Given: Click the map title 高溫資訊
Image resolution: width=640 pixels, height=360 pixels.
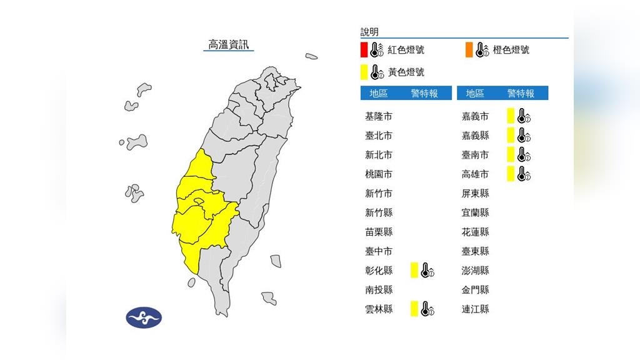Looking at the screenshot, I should pyautogui.click(x=229, y=44).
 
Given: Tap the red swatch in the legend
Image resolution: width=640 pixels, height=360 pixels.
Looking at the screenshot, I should pyautogui.click(x=364, y=49).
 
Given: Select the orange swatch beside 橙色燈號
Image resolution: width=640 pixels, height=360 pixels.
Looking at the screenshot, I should pyautogui.click(x=468, y=49).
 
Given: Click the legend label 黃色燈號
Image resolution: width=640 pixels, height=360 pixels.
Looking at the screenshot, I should pyautogui.click(x=406, y=72).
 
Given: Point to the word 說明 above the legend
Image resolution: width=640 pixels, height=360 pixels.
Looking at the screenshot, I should pyautogui.click(x=369, y=32).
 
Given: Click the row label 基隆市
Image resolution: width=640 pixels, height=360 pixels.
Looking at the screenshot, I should pyautogui.click(x=379, y=116).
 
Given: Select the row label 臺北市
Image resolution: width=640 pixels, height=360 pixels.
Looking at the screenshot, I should pyautogui.click(x=379, y=136).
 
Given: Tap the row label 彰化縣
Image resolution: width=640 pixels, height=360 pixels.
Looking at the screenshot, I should pyautogui.click(x=379, y=271).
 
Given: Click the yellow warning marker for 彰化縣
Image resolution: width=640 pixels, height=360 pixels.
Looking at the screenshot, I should pyautogui.click(x=414, y=271).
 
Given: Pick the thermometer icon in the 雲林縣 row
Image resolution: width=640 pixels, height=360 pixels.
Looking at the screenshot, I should pyautogui.click(x=427, y=309).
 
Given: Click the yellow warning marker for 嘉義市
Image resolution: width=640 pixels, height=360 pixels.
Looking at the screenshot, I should pyautogui.click(x=511, y=116).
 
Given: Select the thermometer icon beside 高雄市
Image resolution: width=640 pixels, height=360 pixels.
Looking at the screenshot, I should pyautogui.click(x=524, y=174).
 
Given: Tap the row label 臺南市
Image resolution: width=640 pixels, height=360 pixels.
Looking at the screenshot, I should pyautogui.click(x=475, y=155).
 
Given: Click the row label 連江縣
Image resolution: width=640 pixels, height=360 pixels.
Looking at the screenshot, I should pyautogui.click(x=475, y=309).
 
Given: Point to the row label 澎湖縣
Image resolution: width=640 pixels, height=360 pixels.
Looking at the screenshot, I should pyautogui.click(x=475, y=271).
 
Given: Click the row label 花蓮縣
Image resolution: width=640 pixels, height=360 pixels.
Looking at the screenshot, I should pyautogui.click(x=475, y=232).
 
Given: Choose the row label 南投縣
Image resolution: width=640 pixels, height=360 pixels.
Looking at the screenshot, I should pyautogui.click(x=379, y=290).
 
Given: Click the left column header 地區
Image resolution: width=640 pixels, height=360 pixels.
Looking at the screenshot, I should pyautogui.click(x=379, y=93).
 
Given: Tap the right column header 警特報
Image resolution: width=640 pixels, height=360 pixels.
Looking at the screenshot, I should pyautogui.click(x=521, y=93).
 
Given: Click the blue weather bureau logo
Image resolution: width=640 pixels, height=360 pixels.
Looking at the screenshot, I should pyautogui.click(x=144, y=317).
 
